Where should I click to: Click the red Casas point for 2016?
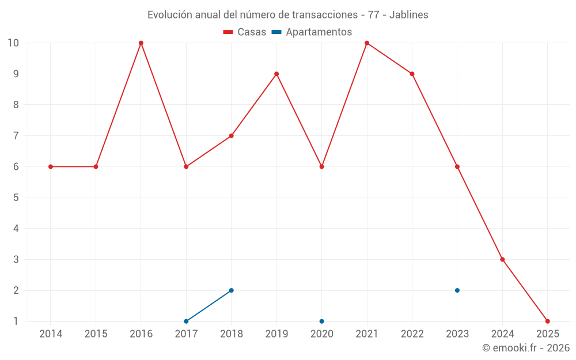(141, 43)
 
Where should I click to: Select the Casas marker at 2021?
(367, 43)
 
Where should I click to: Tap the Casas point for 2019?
(276, 74)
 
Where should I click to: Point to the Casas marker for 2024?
(502, 259)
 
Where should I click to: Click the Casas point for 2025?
(548, 321)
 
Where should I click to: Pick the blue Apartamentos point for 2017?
(186, 321)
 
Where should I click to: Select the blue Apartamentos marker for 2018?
(232, 290)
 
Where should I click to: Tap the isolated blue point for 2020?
(321, 321)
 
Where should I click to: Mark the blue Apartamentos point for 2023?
(457, 290)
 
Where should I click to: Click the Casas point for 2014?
(51, 166)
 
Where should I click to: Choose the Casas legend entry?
(245, 32)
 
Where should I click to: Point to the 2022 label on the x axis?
(412, 334)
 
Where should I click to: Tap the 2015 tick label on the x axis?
(96, 334)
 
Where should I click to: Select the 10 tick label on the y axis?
(13, 43)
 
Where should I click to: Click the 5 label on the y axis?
(16, 198)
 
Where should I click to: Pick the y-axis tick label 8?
(16, 105)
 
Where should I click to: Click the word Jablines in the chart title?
(408, 15)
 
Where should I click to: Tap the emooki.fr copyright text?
(526, 348)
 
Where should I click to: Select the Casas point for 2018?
(232, 136)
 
